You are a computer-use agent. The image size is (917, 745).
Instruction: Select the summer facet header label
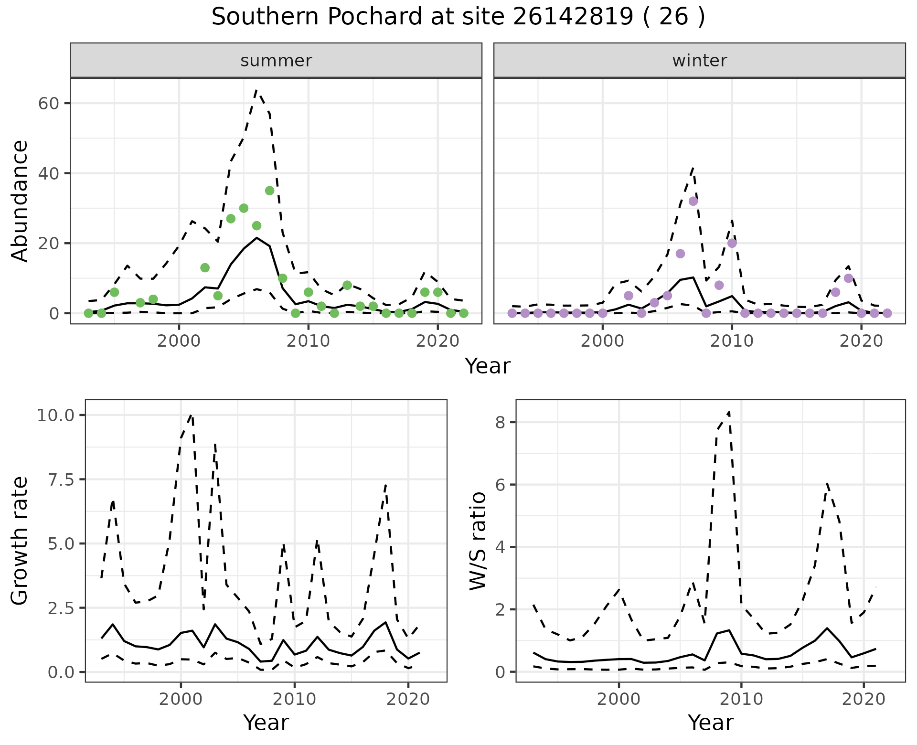[x=276, y=61]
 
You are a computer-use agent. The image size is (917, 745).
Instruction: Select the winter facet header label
[x=699, y=61]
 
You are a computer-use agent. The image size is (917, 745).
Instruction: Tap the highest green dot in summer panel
[x=269, y=191]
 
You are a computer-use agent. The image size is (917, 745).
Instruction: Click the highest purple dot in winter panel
[x=693, y=201]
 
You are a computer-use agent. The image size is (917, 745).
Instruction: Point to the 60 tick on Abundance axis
[x=48, y=103]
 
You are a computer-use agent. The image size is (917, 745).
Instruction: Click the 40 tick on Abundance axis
[x=48, y=173]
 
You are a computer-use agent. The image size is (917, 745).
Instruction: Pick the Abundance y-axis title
[x=20, y=201]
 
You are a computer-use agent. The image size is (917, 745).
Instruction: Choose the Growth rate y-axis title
[x=20, y=541]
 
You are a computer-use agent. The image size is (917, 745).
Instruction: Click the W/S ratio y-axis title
[x=478, y=541]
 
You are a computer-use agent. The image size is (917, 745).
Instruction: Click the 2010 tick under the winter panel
[x=732, y=341]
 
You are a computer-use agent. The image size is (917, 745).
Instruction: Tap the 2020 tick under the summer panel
[x=437, y=341]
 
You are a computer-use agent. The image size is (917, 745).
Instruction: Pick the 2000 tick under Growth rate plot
[x=181, y=699]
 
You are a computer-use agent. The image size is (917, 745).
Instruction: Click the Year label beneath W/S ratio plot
[x=710, y=723]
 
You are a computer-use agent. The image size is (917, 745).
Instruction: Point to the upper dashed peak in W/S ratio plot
[x=729, y=412]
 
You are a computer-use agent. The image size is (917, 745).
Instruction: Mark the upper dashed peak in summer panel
[x=256, y=90]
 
